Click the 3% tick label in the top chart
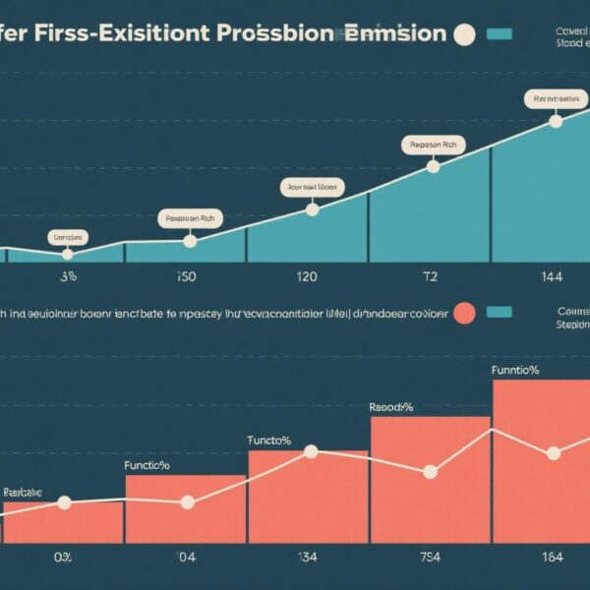68,277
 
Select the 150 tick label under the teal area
186,277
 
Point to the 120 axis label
307,277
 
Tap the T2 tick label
430,277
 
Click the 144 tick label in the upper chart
553,277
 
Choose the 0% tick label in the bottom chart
64,558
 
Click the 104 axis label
186,558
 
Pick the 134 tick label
307,558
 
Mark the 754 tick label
430,558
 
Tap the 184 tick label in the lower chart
553,558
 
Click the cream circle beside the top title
463,34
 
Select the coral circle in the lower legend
464,313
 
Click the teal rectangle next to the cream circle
500,34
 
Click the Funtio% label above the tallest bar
515,371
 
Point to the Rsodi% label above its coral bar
390,406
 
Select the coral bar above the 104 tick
186,508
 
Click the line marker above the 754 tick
430,472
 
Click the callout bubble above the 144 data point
554,98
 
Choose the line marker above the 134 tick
311,451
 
